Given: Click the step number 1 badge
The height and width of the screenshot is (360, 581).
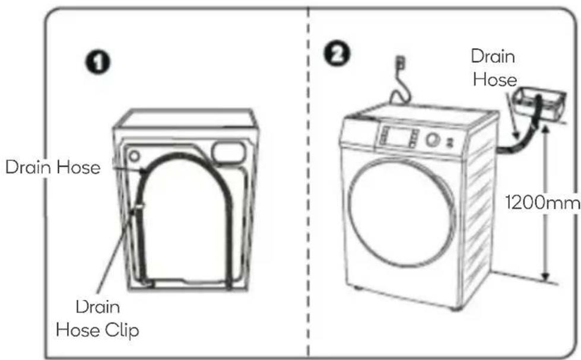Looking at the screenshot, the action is (x=98, y=62).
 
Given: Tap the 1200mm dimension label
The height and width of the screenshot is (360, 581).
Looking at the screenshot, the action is (x=542, y=203).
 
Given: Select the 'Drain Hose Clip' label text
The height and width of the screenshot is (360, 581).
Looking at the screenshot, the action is (x=97, y=318).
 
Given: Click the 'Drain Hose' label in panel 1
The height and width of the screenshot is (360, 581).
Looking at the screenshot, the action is (x=53, y=167).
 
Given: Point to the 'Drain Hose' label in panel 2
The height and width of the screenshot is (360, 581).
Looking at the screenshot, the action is (x=494, y=68).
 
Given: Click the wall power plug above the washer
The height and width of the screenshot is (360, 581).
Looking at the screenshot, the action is (x=401, y=62).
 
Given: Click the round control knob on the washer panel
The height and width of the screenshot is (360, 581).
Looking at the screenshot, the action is (x=432, y=139).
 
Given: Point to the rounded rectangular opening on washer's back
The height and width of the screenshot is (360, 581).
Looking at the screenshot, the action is (x=228, y=153).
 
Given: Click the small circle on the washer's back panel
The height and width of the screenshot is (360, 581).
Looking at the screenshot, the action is (x=134, y=155).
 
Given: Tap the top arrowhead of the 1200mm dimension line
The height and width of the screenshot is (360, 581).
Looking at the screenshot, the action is (x=545, y=128).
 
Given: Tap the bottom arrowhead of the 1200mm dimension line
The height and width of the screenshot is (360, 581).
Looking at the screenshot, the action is (x=545, y=276).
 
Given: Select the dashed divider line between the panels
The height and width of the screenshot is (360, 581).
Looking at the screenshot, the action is (x=308, y=181).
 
